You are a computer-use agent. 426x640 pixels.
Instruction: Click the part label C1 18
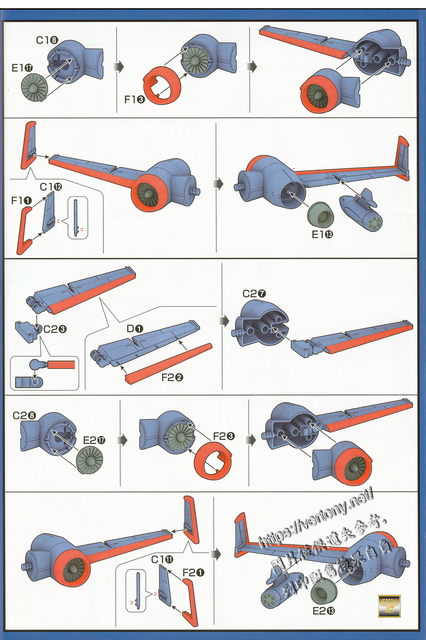47,41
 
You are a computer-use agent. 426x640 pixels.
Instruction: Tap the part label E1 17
22,68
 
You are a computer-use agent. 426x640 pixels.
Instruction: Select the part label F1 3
134,100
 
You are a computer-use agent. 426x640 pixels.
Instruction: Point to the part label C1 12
51,187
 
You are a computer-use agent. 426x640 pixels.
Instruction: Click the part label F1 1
22,201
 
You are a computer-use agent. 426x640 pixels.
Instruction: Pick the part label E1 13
322,234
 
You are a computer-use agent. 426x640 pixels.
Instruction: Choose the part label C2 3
55,329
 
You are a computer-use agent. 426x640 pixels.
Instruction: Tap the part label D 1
135,329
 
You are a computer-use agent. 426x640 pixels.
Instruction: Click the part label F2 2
172,377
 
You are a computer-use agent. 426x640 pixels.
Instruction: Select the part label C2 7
254,294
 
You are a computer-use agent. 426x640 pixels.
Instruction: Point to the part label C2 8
24,415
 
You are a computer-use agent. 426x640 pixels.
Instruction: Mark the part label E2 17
94,440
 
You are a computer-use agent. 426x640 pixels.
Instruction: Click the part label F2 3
224,436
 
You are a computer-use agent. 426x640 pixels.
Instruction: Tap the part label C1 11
162,559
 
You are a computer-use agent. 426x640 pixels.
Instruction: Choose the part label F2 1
194,573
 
